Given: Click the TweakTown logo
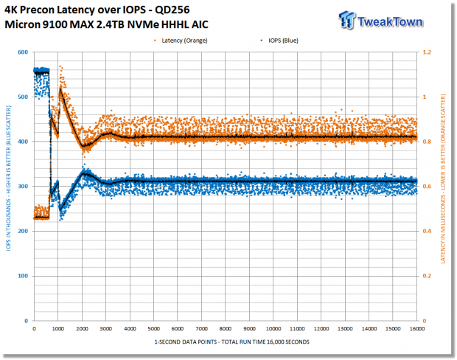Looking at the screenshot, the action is pyautogui.click(x=380, y=20).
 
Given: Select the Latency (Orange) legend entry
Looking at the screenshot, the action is pyautogui.click(x=181, y=41).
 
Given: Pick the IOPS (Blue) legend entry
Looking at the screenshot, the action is pyautogui.click(x=279, y=41).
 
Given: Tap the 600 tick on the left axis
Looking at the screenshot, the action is pyautogui.click(x=23, y=52).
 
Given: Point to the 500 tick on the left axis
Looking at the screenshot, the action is pyautogui.click(x=23, y=97).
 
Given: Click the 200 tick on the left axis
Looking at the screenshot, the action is pyautogui.click(x=23, y=231).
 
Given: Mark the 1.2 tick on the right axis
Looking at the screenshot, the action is pyautogui.click(x=427, y=52).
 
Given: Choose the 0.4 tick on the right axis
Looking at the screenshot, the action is pyautogui.click(x=427, y=231).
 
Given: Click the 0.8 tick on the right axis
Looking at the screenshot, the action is pyautogui.click(x=427, y=142).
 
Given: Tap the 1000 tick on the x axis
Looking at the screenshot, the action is pyautogui.click(x=58, y=329).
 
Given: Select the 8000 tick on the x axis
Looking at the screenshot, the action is pyautogui.click(x=226, y=329).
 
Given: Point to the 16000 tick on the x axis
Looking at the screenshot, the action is pyautogui.click(x=417, y=329).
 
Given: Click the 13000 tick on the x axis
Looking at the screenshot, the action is pyautogui.click(x=345, y=329).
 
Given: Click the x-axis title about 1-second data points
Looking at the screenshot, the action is pyautogui.click(x=231, y=342).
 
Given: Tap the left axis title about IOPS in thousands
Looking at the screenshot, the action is pyautogui.click(x=8, y=179).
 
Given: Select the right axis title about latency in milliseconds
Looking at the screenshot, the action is pyautogui.click(x=443, y=179).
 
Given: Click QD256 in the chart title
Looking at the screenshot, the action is pyautogui.click(x=172, y=10).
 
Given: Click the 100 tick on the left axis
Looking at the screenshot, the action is pyautogui.click(x=23, y=276).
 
